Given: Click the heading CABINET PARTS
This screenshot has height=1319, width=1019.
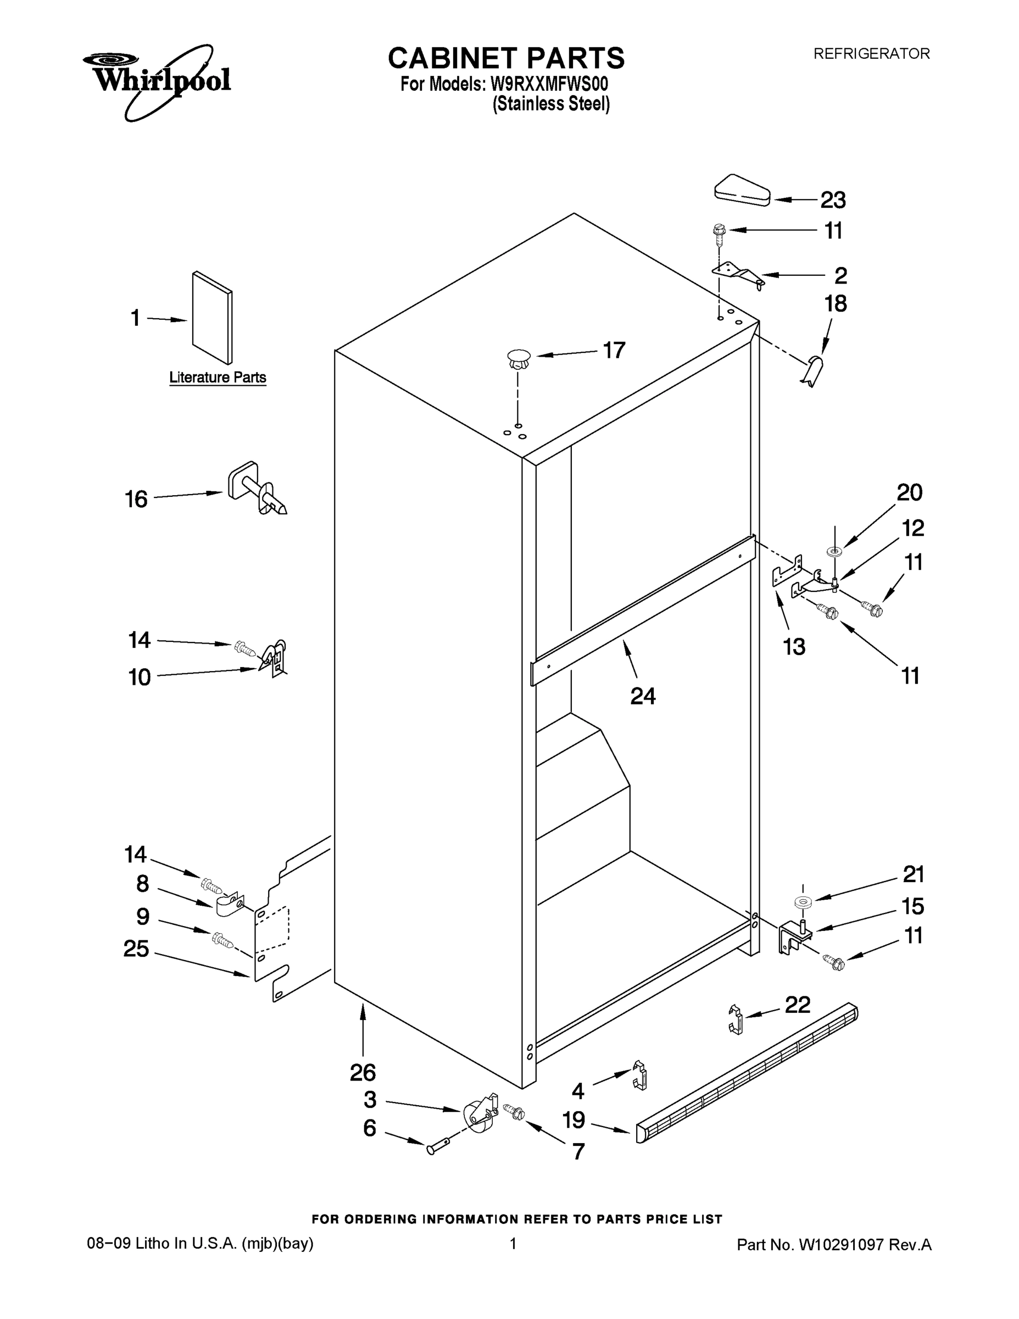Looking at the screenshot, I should [x=506, y=59].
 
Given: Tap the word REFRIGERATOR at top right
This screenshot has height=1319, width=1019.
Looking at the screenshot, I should [x=871, y=54].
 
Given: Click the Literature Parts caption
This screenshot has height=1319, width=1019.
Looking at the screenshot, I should [x=218, y=378].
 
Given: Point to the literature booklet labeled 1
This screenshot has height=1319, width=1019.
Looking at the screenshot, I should [x=213, y=318].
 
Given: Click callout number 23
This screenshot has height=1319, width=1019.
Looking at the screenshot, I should [x=833, y=200].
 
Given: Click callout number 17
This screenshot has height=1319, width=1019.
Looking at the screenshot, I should [x=614, y=350].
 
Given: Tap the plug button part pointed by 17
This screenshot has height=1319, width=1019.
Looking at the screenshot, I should [x=518, y=359].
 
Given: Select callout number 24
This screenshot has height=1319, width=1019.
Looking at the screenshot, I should [x=642, y=696].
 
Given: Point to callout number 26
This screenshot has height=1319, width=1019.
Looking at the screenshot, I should [x=363, y=1073].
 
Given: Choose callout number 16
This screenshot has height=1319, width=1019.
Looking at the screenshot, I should [x=136, y=500].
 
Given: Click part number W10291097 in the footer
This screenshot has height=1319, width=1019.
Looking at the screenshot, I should [x=842, y=1244].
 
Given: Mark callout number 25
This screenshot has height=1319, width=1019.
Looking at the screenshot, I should [x=136, y=949].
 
